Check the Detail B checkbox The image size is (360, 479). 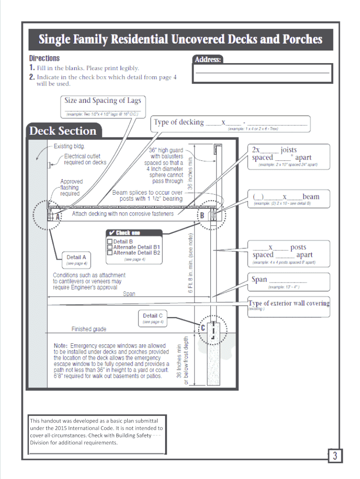110,242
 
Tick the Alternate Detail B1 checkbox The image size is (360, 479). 110,247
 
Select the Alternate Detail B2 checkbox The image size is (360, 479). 110,253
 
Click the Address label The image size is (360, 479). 208,59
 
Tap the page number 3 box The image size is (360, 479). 335,456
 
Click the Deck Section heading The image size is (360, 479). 63,131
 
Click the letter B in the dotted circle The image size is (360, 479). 202,216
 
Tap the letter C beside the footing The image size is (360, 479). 202,328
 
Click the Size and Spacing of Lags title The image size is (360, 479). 102,101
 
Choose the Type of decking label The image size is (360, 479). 179,122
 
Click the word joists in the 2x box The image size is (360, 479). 288,150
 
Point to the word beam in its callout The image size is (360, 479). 311,196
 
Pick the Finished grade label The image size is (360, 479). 89,329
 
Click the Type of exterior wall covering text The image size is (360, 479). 288,303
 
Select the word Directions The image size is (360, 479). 44,58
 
